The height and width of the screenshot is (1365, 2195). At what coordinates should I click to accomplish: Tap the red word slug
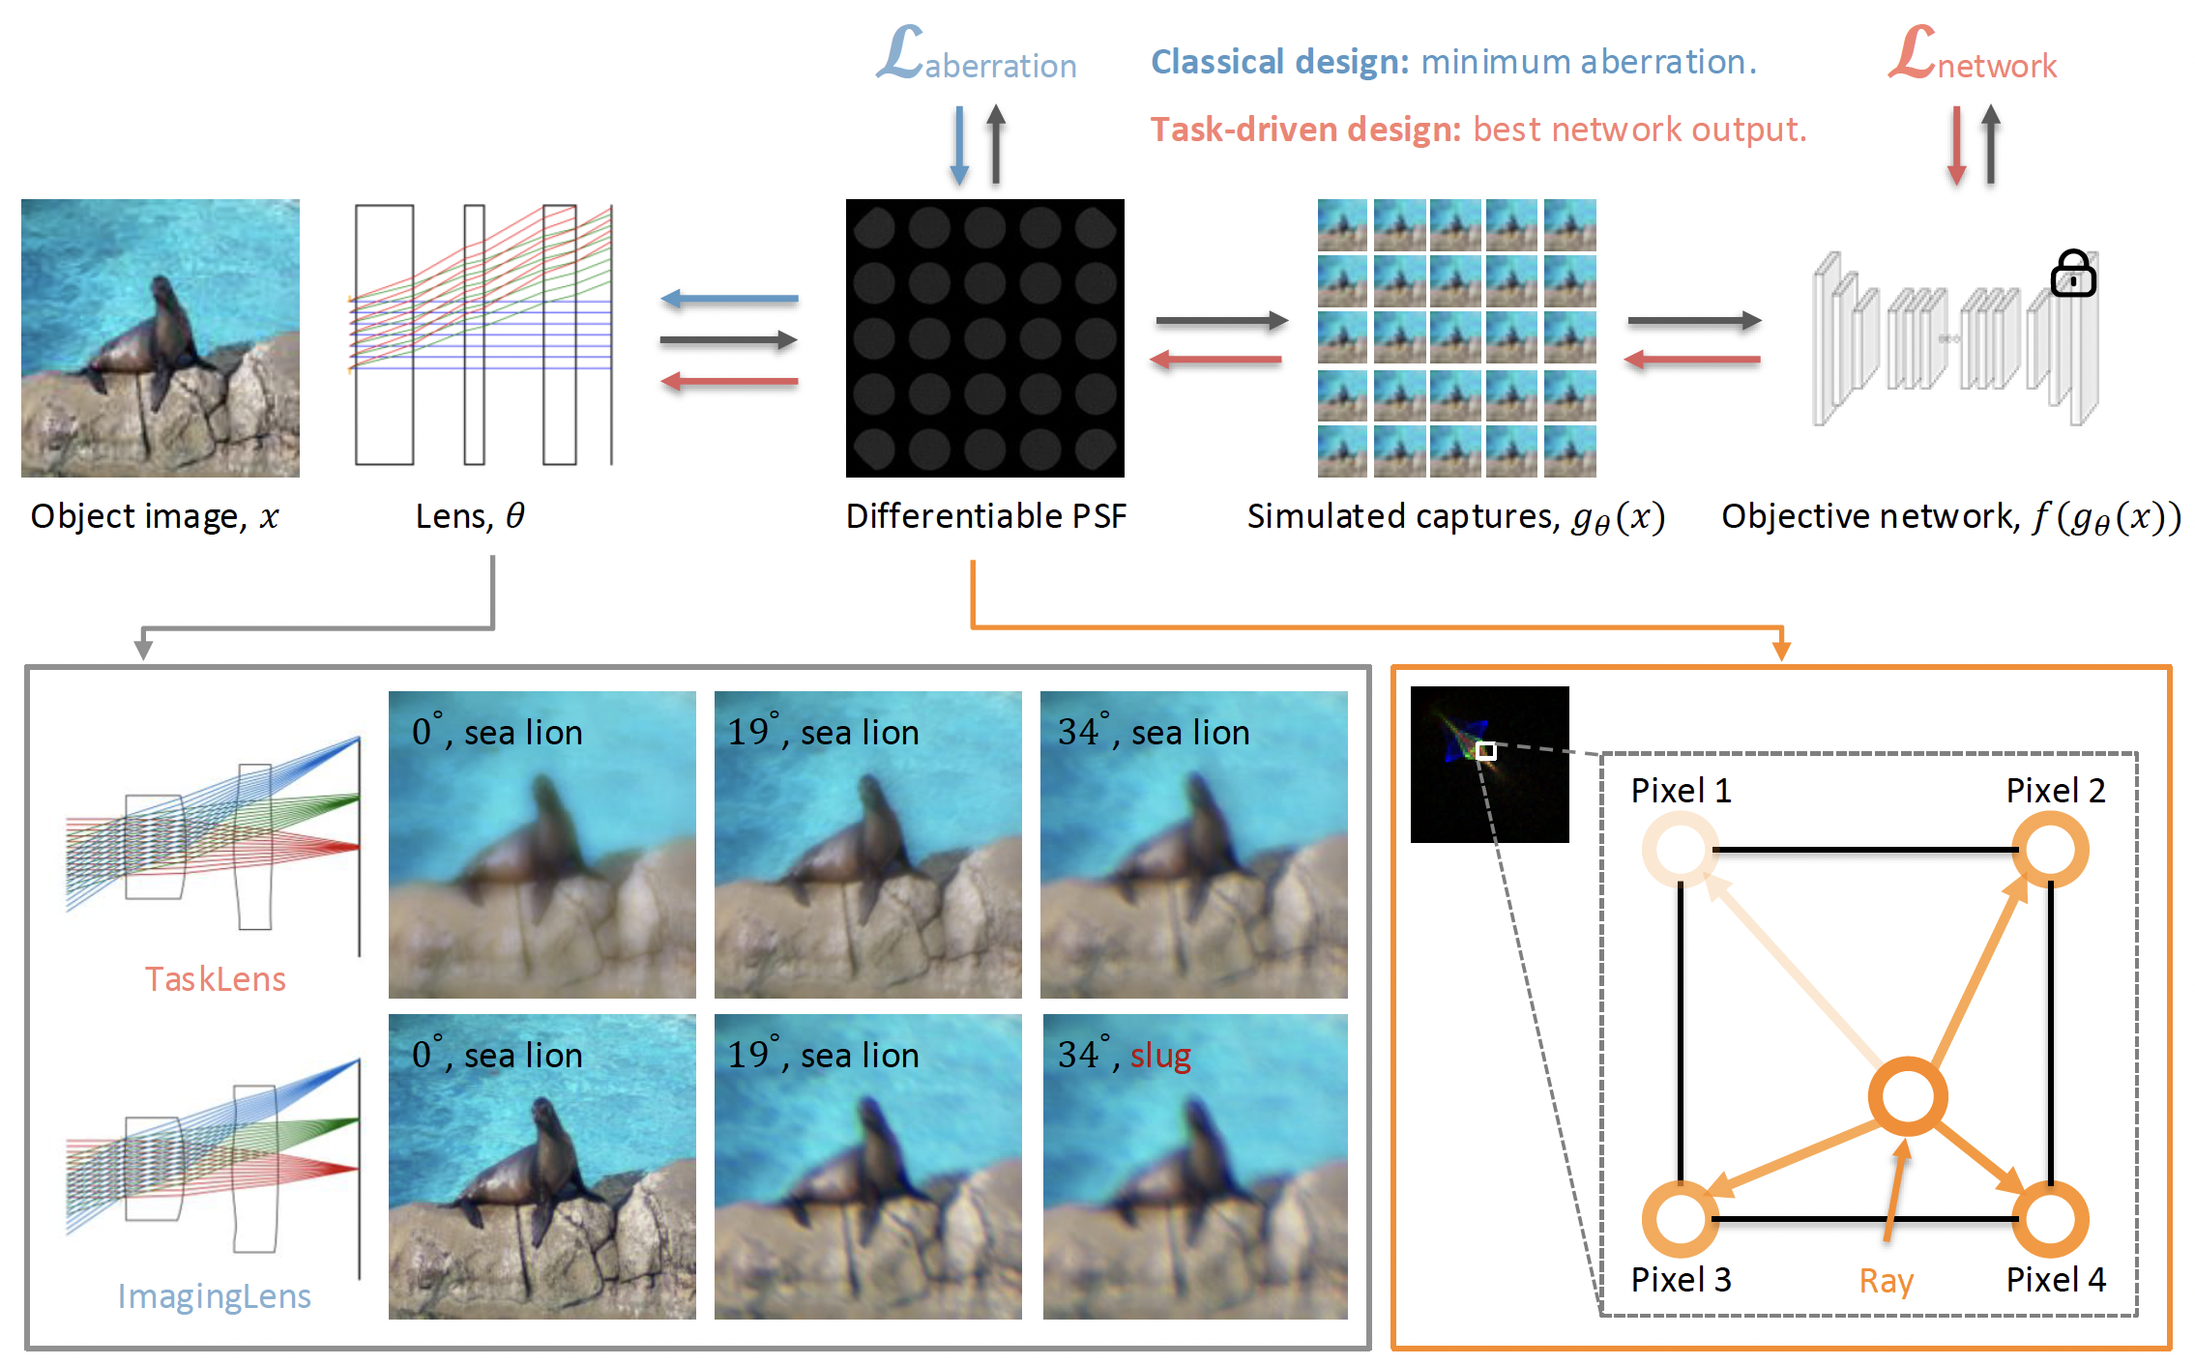(x=1160, y=1056)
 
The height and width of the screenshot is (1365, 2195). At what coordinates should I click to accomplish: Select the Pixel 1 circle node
(x=1681, y=850)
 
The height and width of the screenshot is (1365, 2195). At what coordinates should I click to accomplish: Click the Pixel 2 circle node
(x=2050, y=850)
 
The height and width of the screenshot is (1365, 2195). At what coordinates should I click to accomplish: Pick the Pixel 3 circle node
(x=1681, y=1219)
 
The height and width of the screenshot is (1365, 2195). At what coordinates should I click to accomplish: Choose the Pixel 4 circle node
(x=2050, y=1219)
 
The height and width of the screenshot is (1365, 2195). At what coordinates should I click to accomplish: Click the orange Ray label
(x=1886, y=1281)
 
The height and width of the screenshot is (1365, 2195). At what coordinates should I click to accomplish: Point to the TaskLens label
(x=215, y=979)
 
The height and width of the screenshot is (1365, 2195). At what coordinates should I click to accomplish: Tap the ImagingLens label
(x=214, y=1296)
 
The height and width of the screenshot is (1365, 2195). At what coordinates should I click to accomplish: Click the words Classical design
(x=1279, y=62)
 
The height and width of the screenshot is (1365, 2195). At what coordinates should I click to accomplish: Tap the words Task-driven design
(x=1305, y=130)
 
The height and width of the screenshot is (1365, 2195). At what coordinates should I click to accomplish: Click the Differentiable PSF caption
(x=985, y=516)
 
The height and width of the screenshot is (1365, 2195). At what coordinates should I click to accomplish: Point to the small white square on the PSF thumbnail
(x=1486, y=751)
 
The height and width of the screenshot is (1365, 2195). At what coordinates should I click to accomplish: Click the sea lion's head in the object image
(x=162, y=288)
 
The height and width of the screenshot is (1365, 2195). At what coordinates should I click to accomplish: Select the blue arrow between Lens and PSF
(x=729, y=300)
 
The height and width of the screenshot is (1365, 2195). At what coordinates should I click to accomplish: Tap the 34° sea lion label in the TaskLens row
(x=1153, y=733)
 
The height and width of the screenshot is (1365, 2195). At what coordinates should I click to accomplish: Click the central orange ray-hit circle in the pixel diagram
(x=1907, y=1097)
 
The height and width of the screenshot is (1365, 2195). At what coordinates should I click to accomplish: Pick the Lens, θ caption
(x=470, y=516)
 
